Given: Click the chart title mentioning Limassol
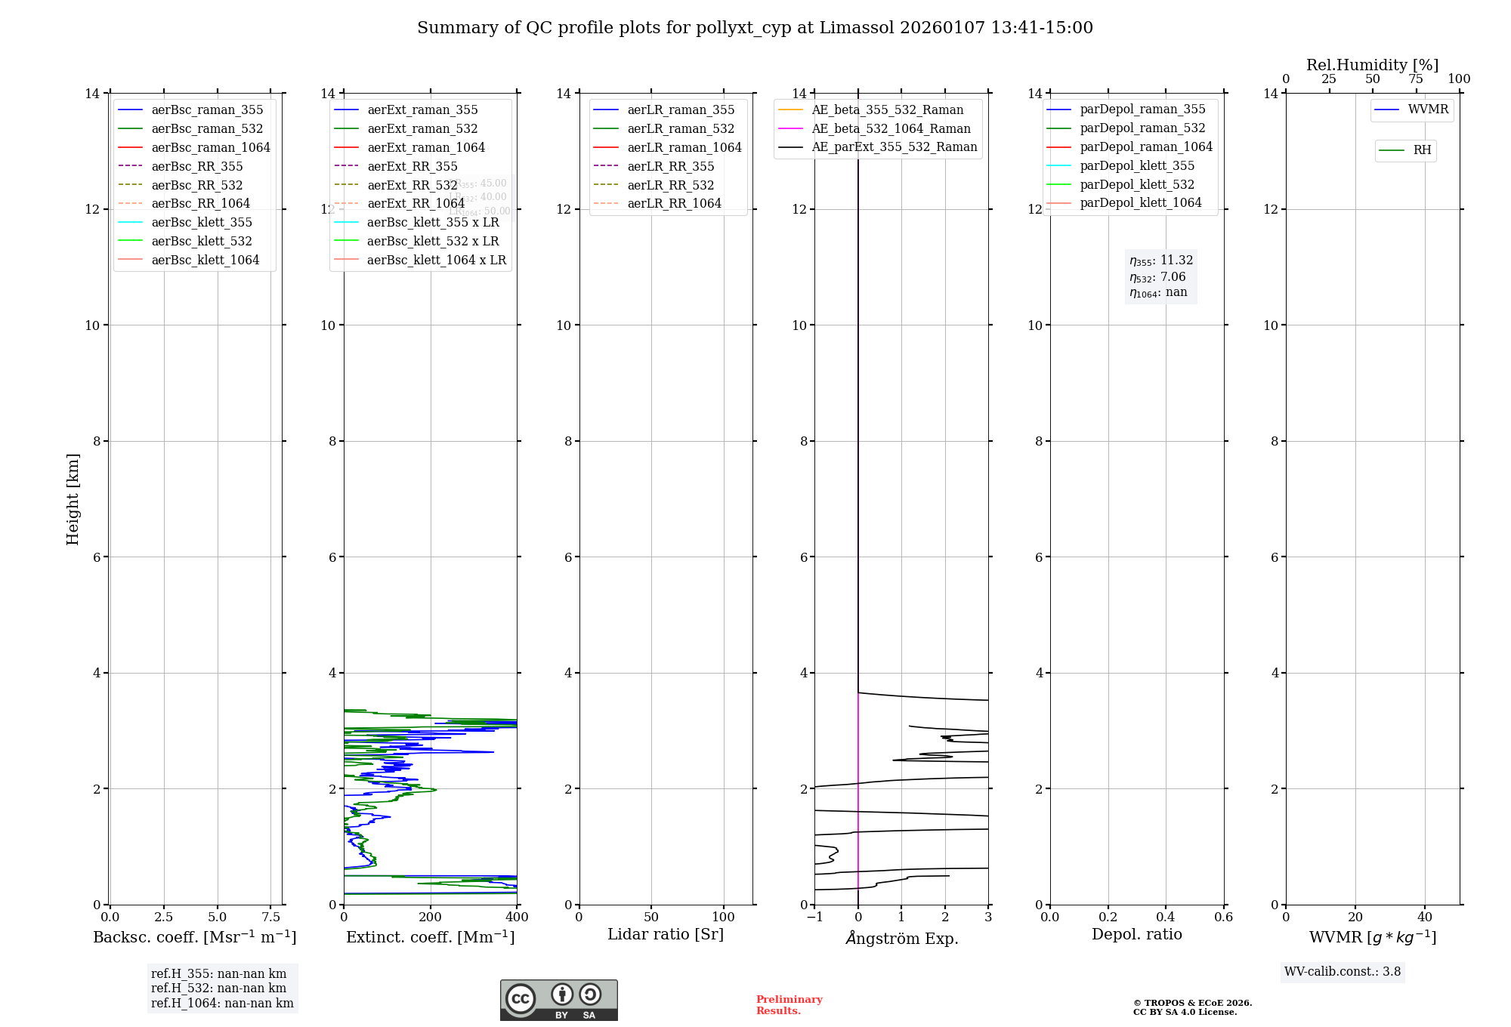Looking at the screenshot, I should click(x=755, y=28).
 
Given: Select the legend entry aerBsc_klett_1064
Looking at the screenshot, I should click(x=205, y=260).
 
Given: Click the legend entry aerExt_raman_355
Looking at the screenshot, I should click(x=422, y=110).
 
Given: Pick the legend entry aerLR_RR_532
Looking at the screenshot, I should click(x=670, y=185).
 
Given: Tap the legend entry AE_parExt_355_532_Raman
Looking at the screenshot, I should click(x=894, y=147).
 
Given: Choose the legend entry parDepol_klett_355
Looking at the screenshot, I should click(x=1137, y=166).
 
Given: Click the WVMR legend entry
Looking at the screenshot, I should click(x=1428, y=109).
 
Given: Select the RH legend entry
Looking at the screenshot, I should click(x=1422, y=150).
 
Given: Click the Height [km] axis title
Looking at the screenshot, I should click(x=73, y=498).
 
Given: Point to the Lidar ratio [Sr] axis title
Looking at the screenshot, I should click(x=666, y=934).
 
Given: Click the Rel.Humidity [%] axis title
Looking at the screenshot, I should click(x=1372, y=65).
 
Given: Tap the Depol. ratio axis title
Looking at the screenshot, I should click(x=1136, y=934).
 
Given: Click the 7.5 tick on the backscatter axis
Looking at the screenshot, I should click(x=271, y=918).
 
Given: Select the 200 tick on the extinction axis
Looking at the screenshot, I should click(x=431, y=918).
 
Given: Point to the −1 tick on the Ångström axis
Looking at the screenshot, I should click(x=814, y=918).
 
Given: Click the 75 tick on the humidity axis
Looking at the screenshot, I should click(x=1416, y=79).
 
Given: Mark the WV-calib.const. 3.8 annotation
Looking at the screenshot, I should click(x=1342, y=972).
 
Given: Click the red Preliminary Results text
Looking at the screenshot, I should click(x=789, y=1005).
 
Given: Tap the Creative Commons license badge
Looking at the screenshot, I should click(x=558, y=1000).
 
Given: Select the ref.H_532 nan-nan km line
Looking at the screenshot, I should click(x=218, y=988).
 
